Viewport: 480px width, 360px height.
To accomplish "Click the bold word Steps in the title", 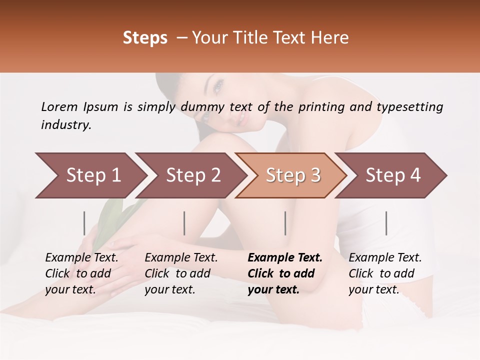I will [145, 38].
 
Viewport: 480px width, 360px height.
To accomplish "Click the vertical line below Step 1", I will [84, 223].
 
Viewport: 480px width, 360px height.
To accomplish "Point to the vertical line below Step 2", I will [184, 223].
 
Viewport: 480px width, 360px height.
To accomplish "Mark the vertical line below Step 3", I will [285, 223].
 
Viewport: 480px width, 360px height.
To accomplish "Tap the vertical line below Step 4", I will [386, 223].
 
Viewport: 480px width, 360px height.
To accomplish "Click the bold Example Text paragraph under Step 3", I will [285, 273].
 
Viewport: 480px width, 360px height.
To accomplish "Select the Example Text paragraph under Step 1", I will [81, 273].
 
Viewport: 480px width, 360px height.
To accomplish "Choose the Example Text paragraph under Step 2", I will [181, 273].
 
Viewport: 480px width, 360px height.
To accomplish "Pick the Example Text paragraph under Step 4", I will [385, 273].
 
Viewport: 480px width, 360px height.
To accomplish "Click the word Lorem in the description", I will [59, 107].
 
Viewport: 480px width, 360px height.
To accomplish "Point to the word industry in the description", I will [66, 125].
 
